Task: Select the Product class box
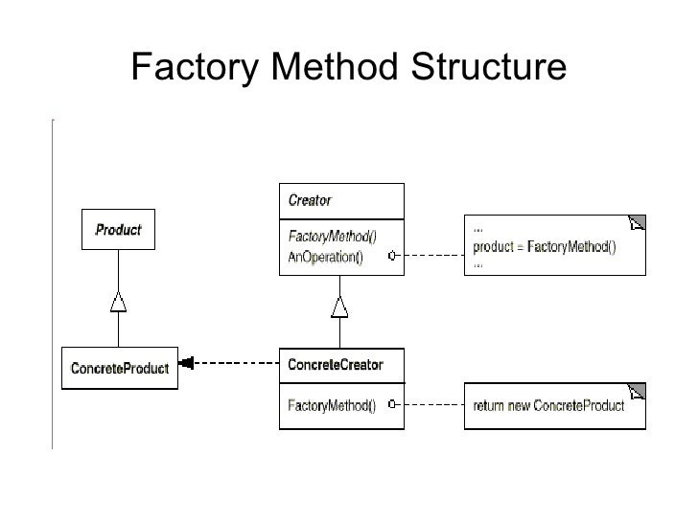(x=118, y=230)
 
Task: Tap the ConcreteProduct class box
(x=120, y=368)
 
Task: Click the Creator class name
(x=310, y=200)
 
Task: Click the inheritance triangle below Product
(x=118, y=302)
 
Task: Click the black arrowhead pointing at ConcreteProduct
(x=187, y=362)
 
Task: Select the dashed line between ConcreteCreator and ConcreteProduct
(x=235, y=362)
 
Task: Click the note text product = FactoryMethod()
(x=545, y=247)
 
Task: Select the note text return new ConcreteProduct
(x=548, y=406)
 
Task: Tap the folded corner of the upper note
(x=637, y=223)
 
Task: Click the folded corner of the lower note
(x=637, y=393)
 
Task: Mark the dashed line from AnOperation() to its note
(x=430, y=256)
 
